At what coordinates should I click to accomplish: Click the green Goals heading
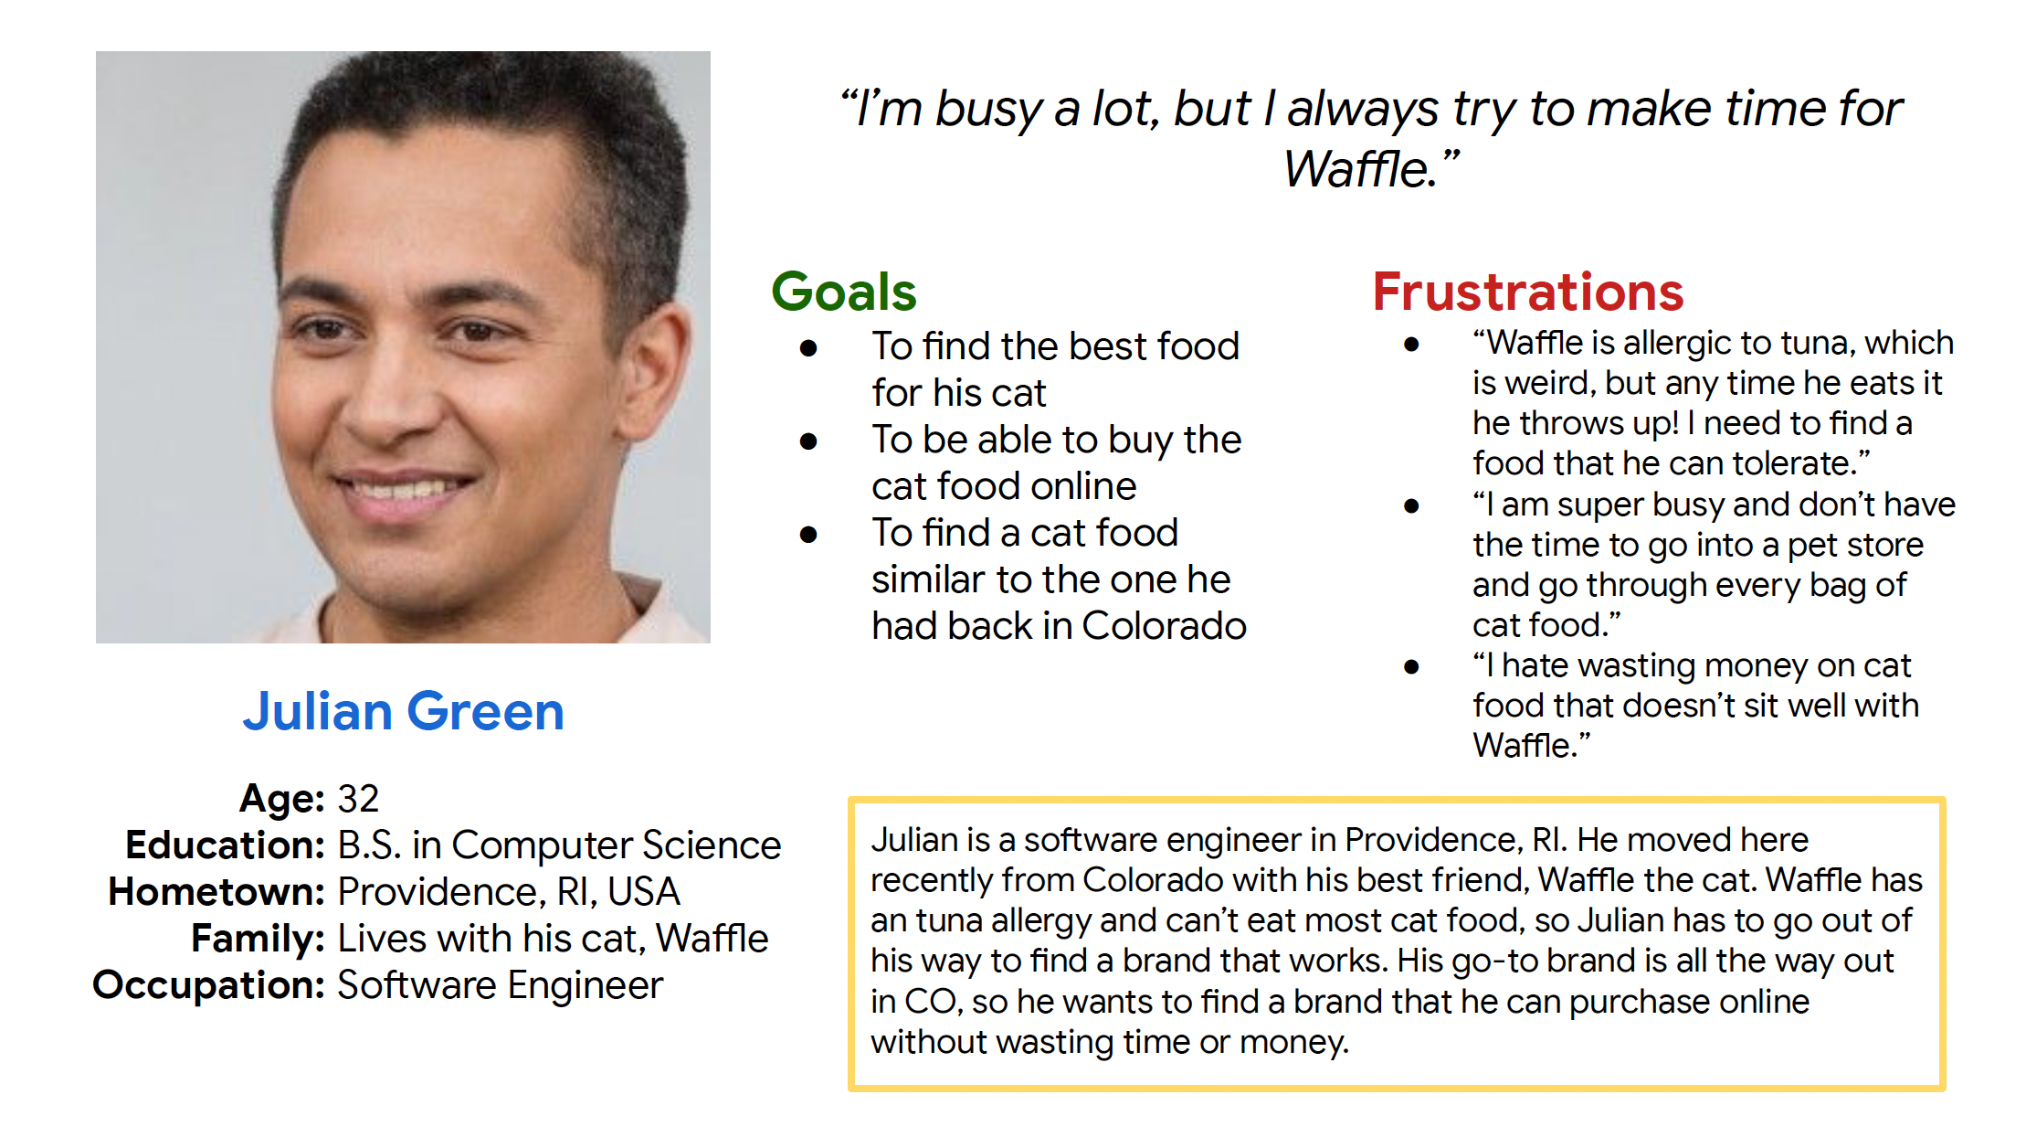[x=843, y=292]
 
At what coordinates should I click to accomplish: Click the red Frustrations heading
[x=1528, y=292]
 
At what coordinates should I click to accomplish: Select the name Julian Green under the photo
[x=403, y=711]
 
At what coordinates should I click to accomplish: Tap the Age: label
[x=281, y=799]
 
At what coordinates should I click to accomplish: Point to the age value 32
[x=358, y=799]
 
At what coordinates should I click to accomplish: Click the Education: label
[x=225, y=845]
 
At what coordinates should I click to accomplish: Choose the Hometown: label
[x=216, y=892]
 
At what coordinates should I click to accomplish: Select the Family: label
[x=258, y=939]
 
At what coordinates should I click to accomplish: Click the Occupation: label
[x=208, y=985]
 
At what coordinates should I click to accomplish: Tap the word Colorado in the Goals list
[x=1164, y=626]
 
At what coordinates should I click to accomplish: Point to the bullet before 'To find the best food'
[x=807, y=348]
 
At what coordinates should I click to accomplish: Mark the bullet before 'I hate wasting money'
[x=1411, y=667]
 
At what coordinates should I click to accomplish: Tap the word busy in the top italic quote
[x=988, y=110]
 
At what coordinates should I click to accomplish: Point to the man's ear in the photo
[x=656, y=384]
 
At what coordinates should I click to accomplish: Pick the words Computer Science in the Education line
[x=617, y=845]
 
